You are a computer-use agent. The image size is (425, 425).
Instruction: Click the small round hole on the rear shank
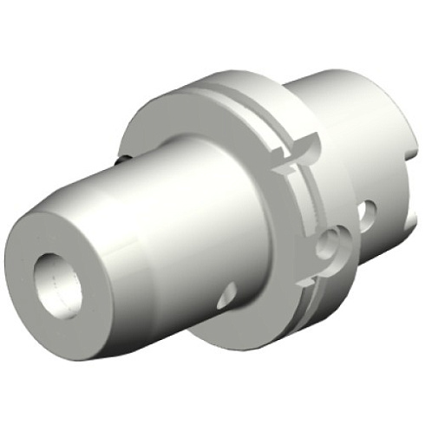point(369,211)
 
